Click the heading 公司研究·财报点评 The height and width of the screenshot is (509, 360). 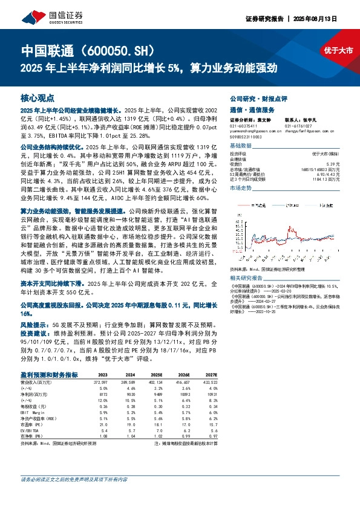pos(257,97)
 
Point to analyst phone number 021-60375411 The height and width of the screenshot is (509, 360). pos(243,125)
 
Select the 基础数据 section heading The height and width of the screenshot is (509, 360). pos(240,146)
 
